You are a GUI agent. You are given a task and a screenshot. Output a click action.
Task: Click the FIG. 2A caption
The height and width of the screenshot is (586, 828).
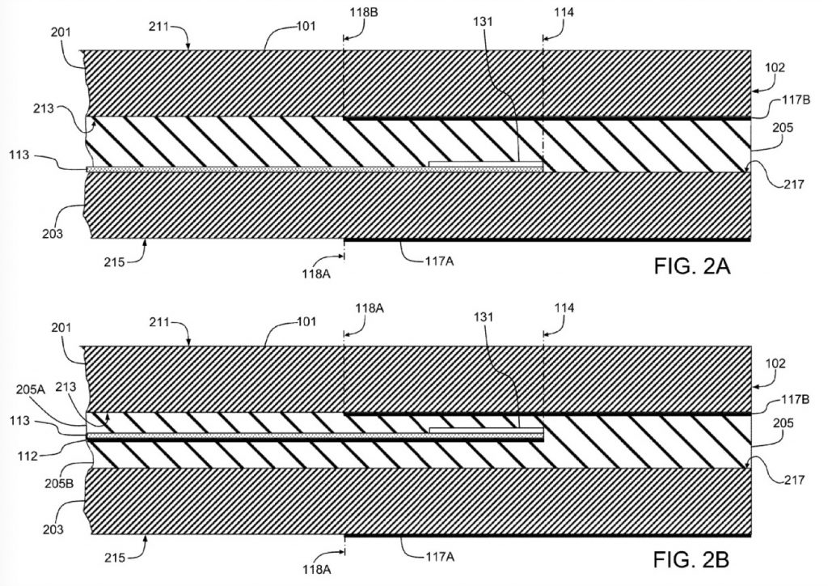coord(692,265)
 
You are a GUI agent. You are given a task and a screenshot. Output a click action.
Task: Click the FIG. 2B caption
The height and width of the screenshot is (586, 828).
coord(692,559)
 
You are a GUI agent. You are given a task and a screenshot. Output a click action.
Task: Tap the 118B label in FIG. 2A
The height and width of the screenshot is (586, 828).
coord(363,12)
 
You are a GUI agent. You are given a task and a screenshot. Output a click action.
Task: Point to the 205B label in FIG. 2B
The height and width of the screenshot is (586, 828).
coord(58,483)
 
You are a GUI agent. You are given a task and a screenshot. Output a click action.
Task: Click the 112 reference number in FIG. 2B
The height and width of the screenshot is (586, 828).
coord(27,456)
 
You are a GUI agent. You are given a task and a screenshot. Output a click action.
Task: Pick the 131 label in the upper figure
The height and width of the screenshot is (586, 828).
coord(483,22)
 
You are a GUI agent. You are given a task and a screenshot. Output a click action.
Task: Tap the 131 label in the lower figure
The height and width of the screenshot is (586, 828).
coord(483,316)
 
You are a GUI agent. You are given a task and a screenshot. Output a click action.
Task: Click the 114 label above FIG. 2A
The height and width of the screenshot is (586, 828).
coord(564,12)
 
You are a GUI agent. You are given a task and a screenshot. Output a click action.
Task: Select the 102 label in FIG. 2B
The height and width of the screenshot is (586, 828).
coord(775,363)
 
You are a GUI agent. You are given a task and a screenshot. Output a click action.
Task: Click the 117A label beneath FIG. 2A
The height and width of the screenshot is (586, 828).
coord(439,261)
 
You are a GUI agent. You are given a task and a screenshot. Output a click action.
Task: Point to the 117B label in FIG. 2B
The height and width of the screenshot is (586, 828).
coord(796,400)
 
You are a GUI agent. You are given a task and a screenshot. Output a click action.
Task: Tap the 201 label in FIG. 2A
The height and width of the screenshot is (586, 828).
coord(61,32)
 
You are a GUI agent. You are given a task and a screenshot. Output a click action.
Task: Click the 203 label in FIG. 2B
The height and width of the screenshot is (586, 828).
coord(53,529)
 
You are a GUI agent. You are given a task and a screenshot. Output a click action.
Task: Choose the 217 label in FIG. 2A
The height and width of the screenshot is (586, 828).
coord(794,184)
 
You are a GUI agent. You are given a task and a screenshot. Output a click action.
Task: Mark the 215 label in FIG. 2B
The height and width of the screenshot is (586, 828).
coord(115,558)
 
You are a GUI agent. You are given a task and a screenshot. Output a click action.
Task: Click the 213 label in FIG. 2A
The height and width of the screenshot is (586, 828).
coord(44,108)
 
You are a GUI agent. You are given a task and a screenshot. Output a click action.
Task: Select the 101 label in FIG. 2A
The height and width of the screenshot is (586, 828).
coord(306,25)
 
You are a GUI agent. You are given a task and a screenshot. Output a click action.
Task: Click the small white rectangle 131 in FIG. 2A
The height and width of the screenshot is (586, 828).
coord(486,163)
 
